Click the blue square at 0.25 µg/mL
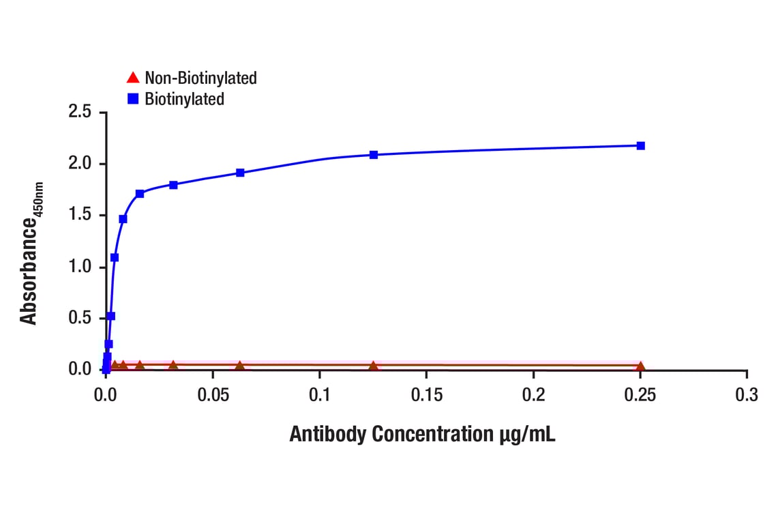(x=640, y=145)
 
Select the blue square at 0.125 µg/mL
(x=374, y=155)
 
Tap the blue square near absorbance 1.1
(x=115, y=257)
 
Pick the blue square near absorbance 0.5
(x=111, y=316)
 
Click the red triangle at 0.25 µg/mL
(x=640, y=366)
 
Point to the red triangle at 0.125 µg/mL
(x=374, y=366)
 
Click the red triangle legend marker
(x=133, y=77)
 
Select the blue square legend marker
(x=133, y=99)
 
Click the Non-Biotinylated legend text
(x=200, y=78)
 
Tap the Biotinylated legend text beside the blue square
(x=184, y=99)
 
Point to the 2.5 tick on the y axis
(x=80, y=111)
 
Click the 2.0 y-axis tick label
(x=80, y=164)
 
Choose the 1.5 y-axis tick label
(x=80, y=215)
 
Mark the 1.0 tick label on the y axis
(x=80, y=267)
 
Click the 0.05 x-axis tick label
(x=213, y=396)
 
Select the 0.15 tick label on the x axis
(x=426, y=396)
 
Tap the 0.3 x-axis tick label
(x=747, y=396)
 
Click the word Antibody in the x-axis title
(x=329, y=435)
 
